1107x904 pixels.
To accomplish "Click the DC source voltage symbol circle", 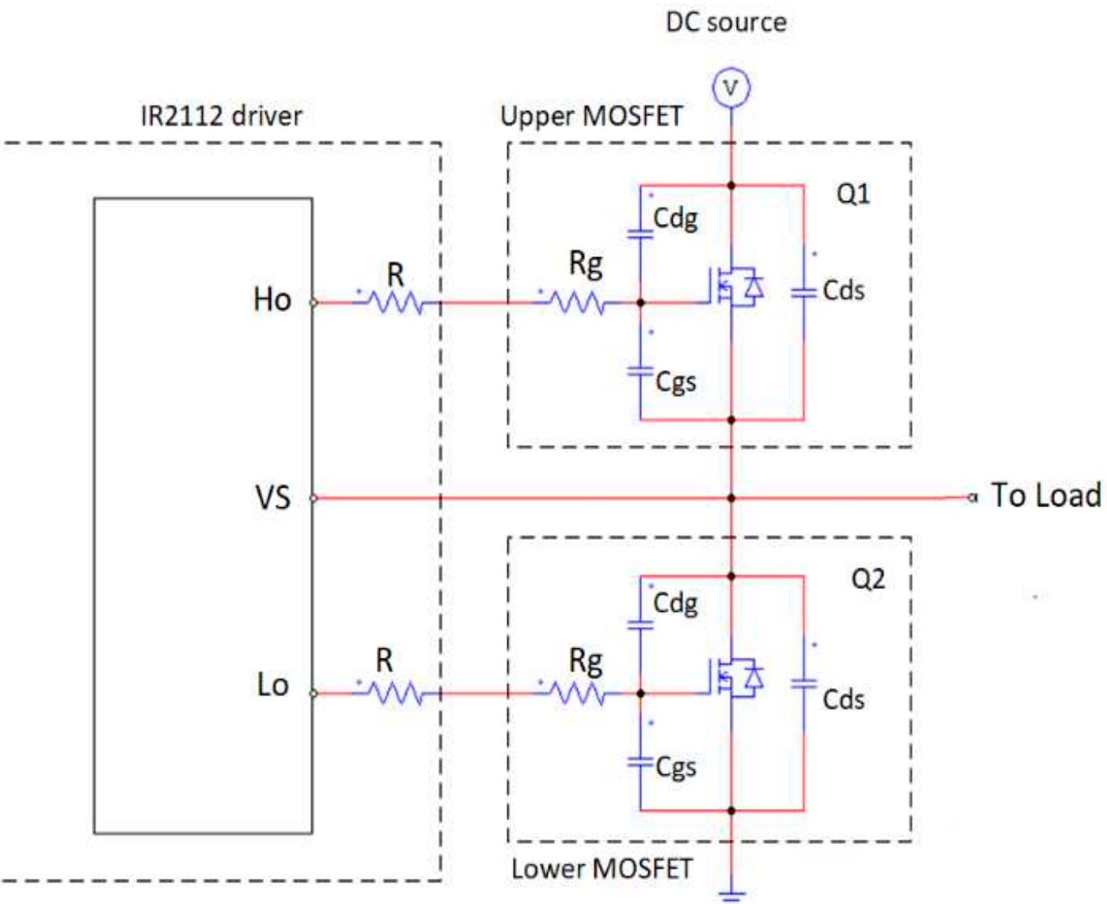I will pos(730,88).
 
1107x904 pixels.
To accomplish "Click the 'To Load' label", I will pos(1046,495).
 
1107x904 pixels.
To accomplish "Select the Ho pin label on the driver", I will pos(272,300).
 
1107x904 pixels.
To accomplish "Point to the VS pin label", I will pos(273,497).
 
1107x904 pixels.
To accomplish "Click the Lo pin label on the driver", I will pos(273,685).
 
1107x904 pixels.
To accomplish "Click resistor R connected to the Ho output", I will pos(394,303).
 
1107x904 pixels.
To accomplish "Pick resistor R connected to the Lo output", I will pos(394,693).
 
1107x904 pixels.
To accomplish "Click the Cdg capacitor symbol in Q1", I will pos(640,234).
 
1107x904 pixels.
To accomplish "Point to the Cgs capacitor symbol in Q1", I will pos(640,372).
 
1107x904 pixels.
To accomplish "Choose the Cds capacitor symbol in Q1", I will pos(803,292).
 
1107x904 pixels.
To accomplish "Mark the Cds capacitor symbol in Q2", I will pos(803,684).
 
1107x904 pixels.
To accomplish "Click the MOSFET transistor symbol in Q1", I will pos(734,286).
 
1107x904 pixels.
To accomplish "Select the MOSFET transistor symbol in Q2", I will pos(734,677).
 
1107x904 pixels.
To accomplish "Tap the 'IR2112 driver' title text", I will pos(221,115).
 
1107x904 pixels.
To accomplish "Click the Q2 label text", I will pos(868,579).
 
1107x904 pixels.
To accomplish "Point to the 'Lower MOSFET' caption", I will pos(601,868).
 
